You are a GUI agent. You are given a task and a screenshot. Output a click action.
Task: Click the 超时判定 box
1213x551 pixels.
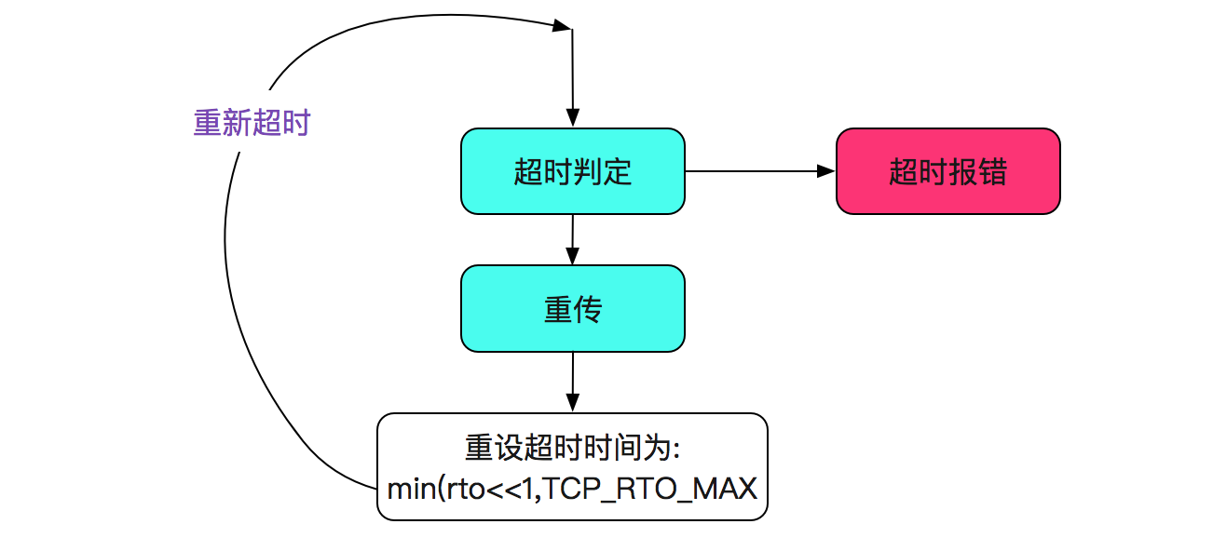572,171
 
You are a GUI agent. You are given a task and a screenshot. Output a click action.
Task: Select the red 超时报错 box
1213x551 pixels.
947,171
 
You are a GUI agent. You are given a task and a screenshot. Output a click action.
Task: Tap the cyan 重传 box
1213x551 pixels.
572,308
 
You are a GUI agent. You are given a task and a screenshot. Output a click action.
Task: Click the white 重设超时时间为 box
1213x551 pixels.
572,466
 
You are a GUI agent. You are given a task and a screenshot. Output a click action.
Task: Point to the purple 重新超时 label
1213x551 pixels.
252,123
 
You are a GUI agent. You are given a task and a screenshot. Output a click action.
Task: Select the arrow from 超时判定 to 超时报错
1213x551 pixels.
759,171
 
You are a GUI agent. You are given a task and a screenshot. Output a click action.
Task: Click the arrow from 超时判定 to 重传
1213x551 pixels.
572,239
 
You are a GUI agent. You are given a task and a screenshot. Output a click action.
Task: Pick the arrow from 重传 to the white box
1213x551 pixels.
572,382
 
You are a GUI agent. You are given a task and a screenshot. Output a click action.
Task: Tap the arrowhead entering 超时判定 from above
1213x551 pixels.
572,119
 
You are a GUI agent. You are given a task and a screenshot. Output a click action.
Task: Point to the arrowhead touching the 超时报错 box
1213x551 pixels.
826,171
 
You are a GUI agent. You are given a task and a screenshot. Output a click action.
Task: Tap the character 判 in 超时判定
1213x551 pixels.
587,172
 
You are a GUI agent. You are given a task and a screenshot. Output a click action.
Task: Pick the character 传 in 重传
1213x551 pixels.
587,309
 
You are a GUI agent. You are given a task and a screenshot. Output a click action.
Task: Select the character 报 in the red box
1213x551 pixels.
962,172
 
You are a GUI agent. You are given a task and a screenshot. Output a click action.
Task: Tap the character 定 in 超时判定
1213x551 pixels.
617,172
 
